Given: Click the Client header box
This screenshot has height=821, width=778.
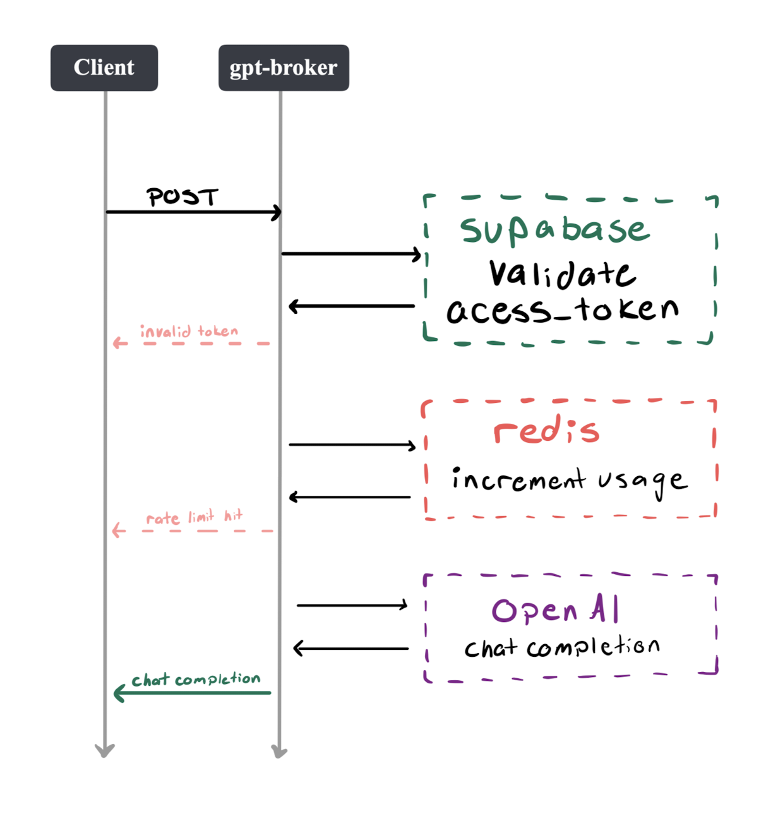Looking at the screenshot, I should [104, 68].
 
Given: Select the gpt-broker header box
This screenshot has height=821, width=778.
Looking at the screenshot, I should [284, 68].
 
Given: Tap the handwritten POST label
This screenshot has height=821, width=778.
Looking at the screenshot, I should [183, 197].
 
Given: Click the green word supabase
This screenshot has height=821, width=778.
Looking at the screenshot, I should [554, 230].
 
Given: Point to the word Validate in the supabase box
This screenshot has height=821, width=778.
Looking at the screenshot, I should [562, 274].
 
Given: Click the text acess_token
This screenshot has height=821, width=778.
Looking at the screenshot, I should [562, 310].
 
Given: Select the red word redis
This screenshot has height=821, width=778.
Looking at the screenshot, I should [546, 431].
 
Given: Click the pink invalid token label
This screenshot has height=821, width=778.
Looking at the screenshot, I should [189, 332].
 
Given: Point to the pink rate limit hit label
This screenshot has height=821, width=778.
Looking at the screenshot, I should [194, 517].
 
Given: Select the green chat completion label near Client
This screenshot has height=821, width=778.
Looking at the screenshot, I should [196, 680].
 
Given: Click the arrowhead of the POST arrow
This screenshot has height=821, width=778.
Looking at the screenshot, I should [277, 212].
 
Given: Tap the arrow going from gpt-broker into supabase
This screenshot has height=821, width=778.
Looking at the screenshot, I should [351, 254].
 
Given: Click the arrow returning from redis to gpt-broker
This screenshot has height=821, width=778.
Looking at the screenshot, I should [350, 498].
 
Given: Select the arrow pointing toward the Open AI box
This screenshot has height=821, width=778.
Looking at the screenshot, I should [352, 606].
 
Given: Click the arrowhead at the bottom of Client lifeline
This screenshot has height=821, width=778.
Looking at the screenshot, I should [105, 750].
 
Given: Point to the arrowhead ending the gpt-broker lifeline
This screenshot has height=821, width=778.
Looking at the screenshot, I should [279, 752].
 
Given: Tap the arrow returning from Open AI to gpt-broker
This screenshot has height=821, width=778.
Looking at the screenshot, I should [351, 649].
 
